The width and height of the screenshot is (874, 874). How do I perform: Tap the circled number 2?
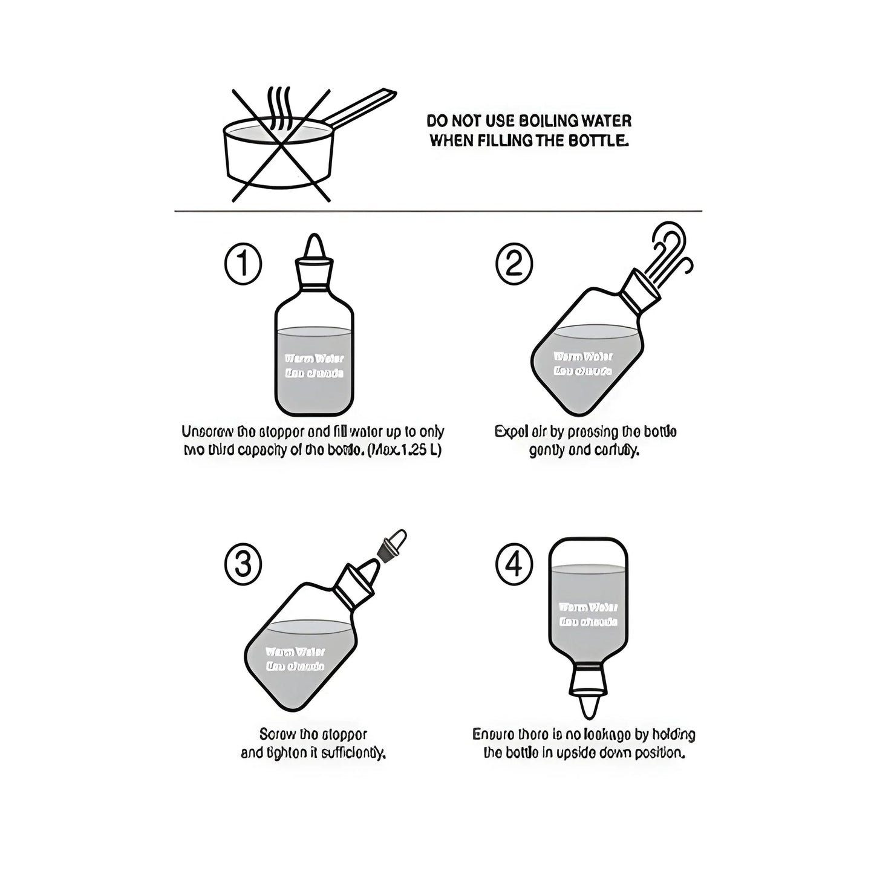[514, 264]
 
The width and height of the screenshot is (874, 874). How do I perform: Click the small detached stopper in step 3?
[390, 543]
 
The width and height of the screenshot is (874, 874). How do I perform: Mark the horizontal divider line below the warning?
[438, 211]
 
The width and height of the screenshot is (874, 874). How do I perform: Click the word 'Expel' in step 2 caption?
[508, 432]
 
